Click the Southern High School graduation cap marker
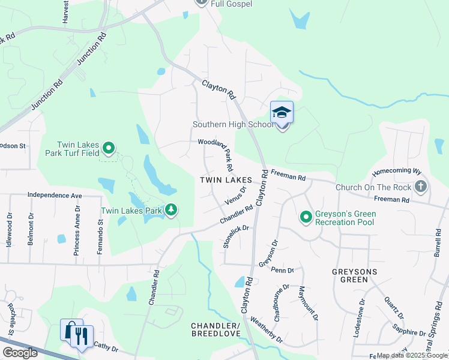pyautogui.click(x=282, y=113)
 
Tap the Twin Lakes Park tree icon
pyautogui.click(x=172, y=210)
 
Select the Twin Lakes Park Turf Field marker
pyautogui.click(x=108, y=147)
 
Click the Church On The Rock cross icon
pyautogui.click(x=420, y=187)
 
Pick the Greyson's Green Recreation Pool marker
pyautogui.click(x=306, y=217)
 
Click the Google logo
pyautogui.click(x=20, y=353)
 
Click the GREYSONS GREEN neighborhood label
pyautogui.click(x=357, y=271)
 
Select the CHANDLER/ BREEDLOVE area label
pyautogui.click(x=215, y=329)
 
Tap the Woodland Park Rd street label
pyautogui.click(x=216, y=150)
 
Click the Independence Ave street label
pyautogui.click(x=55, y=196)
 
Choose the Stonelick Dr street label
pyautogui.click(x=235, y=236)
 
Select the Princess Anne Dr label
pyautogui.click(x=77, y=230)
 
